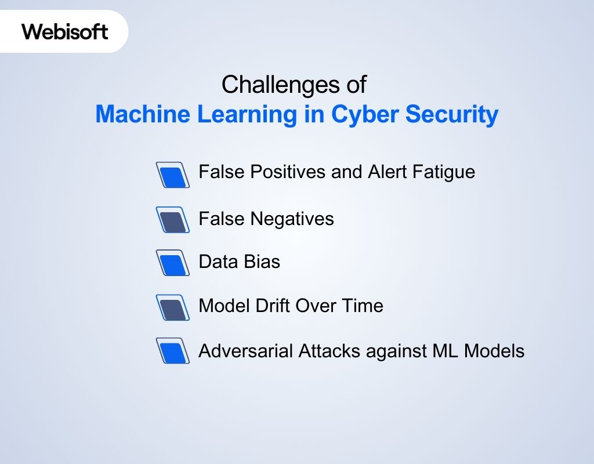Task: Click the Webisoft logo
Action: point(65,31)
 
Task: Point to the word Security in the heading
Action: point(452,114)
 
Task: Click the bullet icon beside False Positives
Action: point(173,175)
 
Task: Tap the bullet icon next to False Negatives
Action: point(173,220)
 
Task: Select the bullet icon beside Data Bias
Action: point(173,263)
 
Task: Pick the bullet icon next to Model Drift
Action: point(173,307)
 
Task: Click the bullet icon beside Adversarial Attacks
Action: point(173,351)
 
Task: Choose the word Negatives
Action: point(292,219)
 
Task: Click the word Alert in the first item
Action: point(386,172)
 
